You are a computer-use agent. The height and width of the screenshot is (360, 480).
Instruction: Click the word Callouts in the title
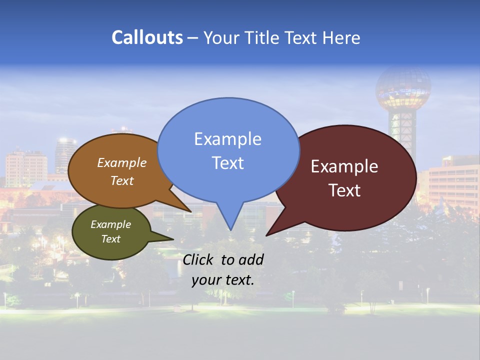click(147, 37)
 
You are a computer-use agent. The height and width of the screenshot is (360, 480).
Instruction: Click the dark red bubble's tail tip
click(266, 235)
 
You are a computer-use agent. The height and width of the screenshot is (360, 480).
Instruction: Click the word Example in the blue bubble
click(227, 139)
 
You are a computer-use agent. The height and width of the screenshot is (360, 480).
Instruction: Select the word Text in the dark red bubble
click(344, 190)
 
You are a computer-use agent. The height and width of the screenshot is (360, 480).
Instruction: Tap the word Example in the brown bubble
click(122, 162)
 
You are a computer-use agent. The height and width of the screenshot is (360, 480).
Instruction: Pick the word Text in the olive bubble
click(110, 239)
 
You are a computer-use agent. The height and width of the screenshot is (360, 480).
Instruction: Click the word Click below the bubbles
click(199, 259)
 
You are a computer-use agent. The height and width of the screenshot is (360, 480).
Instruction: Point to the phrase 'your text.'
click(223, 280)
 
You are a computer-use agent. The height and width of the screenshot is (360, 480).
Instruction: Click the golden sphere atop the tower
click(403, 87)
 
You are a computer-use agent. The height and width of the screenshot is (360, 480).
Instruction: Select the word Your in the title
click(221, 37)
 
